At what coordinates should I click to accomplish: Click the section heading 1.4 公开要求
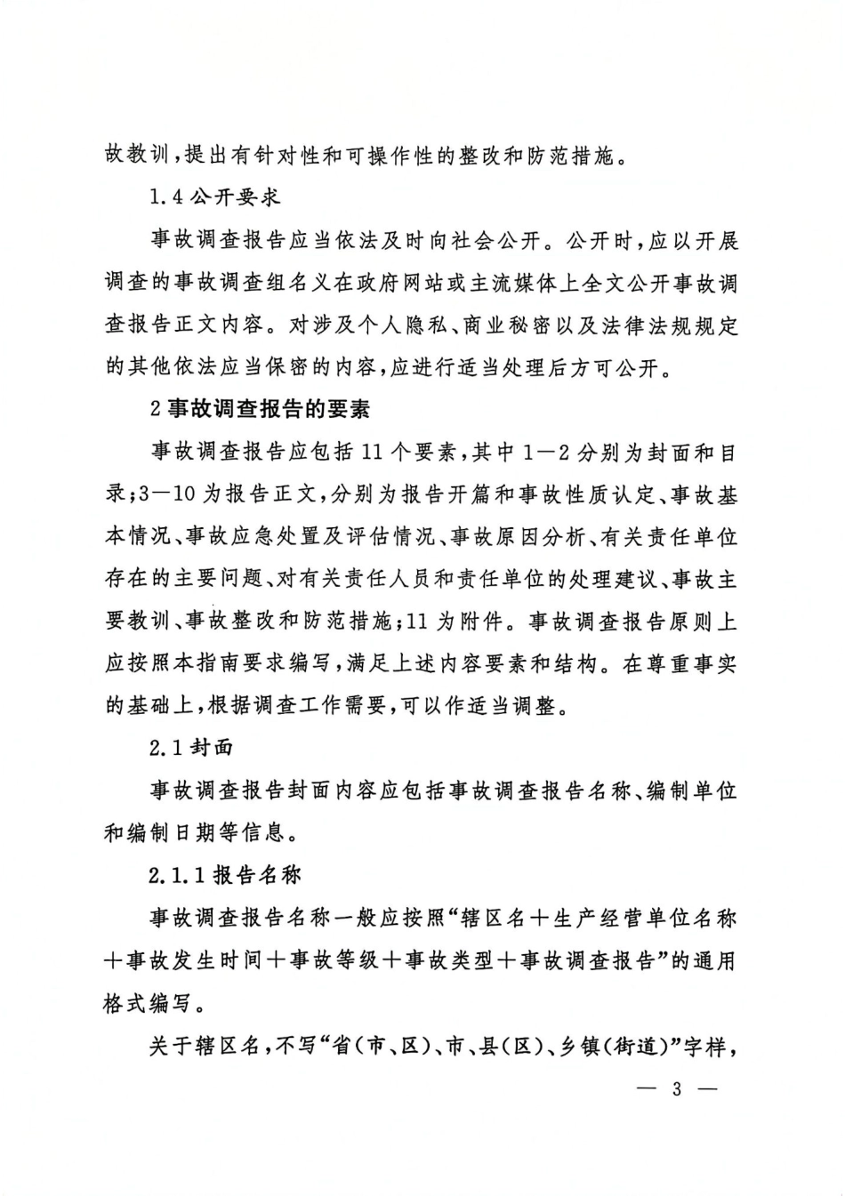[214, 198]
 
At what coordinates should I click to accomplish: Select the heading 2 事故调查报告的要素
[260, 409]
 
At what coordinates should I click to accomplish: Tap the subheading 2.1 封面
[191, 747]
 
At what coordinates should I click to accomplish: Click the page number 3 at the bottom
[676, 1088]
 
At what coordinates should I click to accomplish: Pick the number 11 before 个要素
[374, 453]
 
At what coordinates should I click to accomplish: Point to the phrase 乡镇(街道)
[615, 1047]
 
